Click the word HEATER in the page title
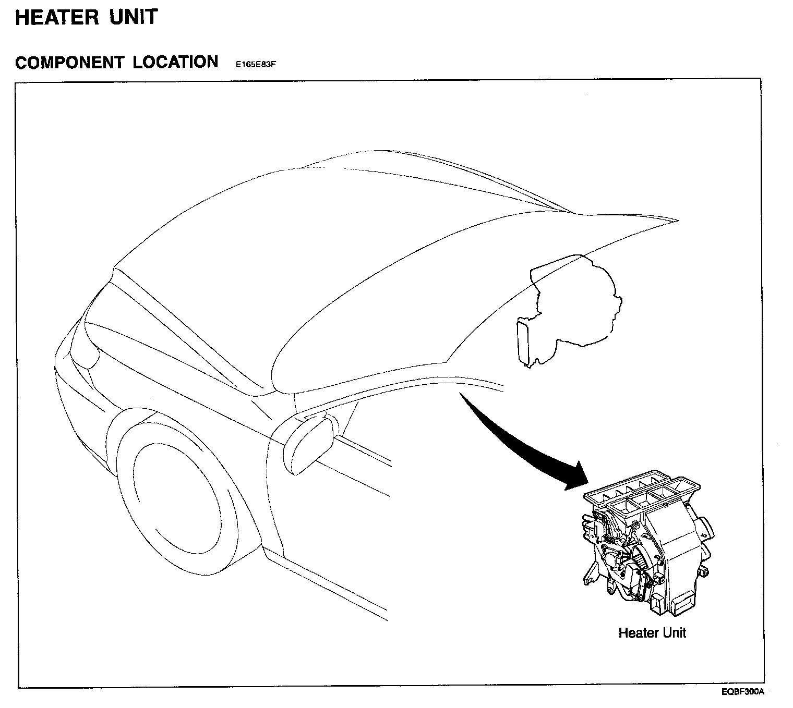57,18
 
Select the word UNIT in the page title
133,17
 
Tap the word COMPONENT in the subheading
69,63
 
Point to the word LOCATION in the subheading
175,62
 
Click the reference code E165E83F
255,65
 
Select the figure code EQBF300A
743,692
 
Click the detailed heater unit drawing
647,542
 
